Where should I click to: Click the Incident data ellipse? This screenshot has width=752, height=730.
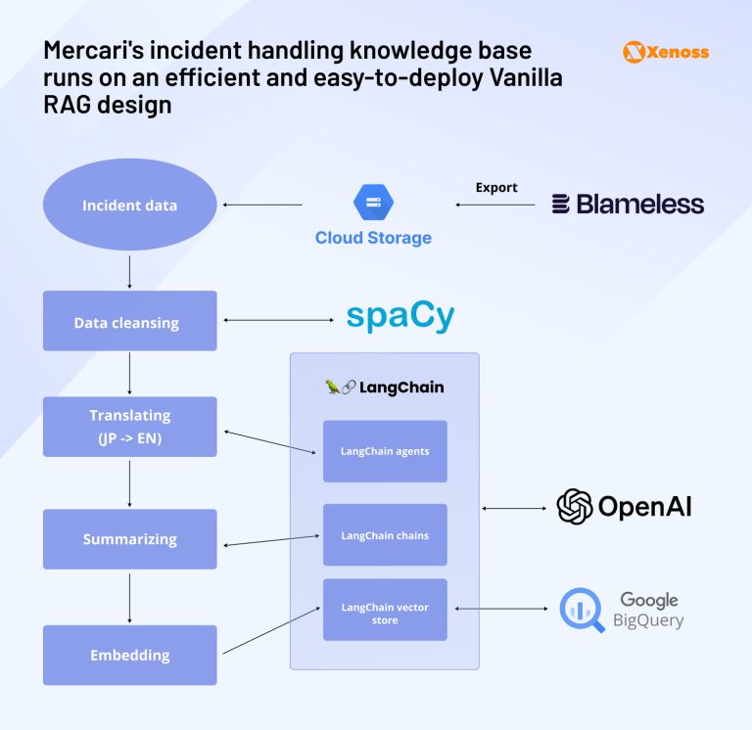click(x=129, y=205)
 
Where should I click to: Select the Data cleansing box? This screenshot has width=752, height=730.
click(x=129, y=321)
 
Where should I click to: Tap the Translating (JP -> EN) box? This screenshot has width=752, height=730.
click(x=129, y=427)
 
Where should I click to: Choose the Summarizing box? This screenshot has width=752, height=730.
click(x=129, y=539)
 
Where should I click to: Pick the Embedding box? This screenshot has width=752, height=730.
click(x=129, y=655)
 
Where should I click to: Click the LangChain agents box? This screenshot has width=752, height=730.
click(x=385, y=451)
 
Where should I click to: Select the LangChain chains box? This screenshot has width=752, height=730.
click(x=385, y=535)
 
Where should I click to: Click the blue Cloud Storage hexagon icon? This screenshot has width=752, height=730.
click(x=373, y=203)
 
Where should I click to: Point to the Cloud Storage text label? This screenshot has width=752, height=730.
click(x=373, y=238)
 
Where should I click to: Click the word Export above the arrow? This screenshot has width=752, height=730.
click(x=496, y=186)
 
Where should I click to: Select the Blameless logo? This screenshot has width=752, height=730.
click(x=628, y=205)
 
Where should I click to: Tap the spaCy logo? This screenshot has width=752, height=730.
click(x=400, y=317)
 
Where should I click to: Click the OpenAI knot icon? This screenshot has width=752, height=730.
click(x=575, y=506)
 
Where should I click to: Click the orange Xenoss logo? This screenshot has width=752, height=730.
click(x=666, y=53)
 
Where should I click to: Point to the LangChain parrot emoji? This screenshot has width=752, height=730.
click(x=333, y=387)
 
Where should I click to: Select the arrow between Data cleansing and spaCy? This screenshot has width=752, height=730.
click(x=280, y=320)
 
